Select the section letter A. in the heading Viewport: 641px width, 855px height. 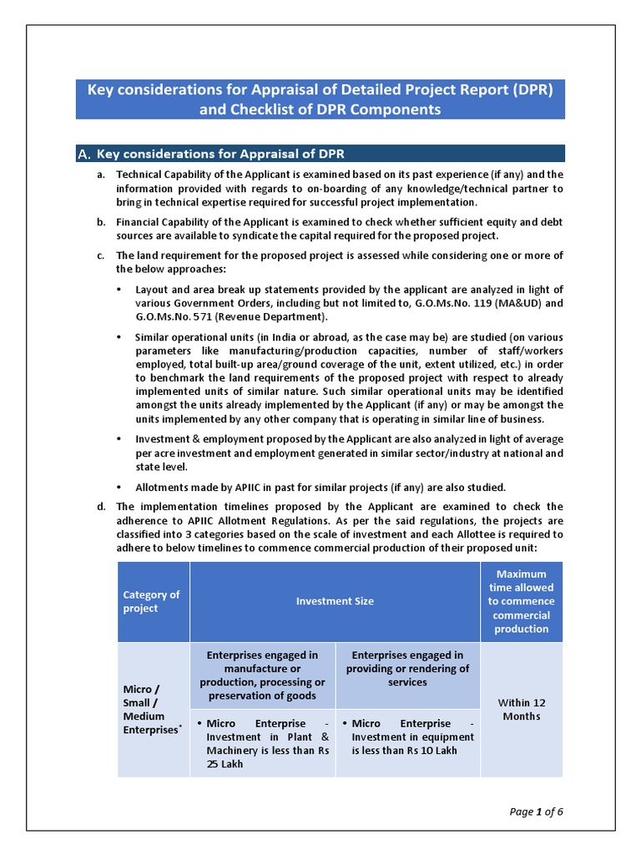[x=84, y=154]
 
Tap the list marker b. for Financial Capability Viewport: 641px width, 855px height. [x=100, y=222]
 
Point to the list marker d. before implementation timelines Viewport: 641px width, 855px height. [x=100, y=506]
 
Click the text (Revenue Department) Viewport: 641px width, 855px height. [x=270, y=316]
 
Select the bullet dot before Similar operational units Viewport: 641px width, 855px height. [x=119, y=337]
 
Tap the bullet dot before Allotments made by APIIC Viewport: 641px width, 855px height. [x=119, y=488]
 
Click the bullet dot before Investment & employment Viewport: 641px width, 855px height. [x=119, y=439]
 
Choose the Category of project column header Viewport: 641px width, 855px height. [x=152, y=601]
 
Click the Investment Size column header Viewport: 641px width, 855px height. [x=335, y=601]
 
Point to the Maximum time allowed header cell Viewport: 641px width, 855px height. [x=521, y=601]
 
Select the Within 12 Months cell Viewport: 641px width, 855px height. [x=521, y=710]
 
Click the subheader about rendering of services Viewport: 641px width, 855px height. [x=407, y=669]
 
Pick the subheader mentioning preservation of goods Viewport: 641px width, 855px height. [x=262, y=675]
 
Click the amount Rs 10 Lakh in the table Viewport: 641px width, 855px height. [x=426, y=750]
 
